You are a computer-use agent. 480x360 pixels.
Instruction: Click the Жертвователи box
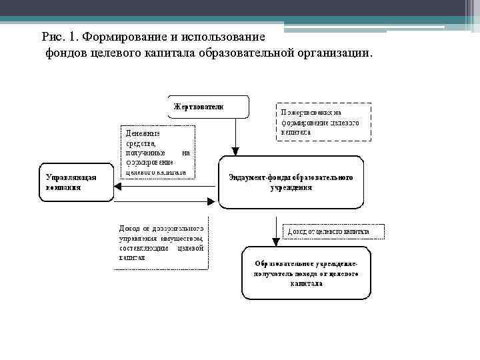pyautogui.click(x=207, y=107)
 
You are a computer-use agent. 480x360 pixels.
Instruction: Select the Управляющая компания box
pyautogui.click(x=75, y=182)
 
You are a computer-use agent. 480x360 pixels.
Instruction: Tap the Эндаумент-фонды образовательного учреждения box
pyautogui.click(x=291, y=183)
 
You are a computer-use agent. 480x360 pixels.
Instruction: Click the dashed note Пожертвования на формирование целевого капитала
pyautogui.click(x=323, y=121)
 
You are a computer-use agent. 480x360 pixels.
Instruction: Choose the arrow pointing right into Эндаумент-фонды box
pyautogui.click(x=167, y=199)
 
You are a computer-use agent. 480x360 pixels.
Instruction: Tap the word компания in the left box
pyautogui.click(x=63, y=187)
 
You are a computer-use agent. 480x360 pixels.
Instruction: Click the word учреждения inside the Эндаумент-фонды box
pyautogui.click(x=291, y=188)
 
